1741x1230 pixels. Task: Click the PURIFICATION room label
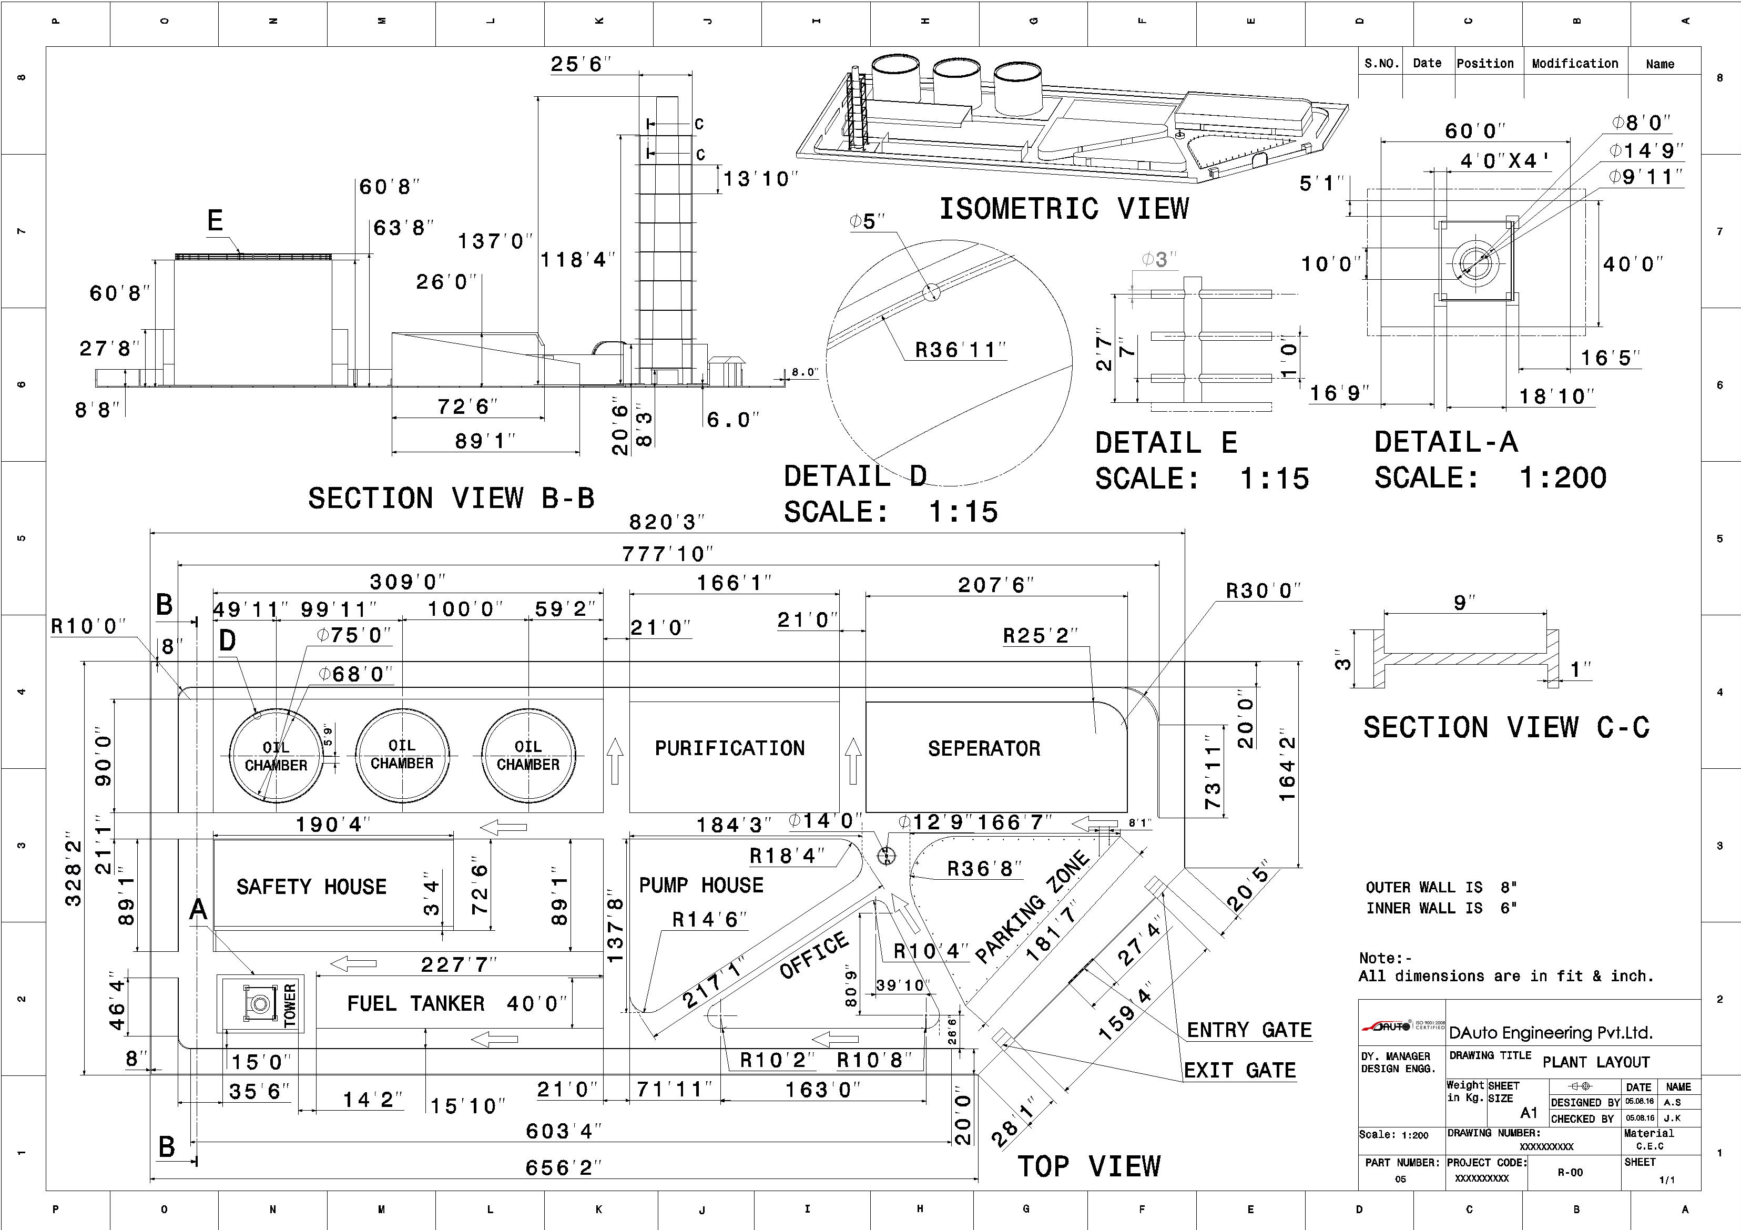pos(729,748)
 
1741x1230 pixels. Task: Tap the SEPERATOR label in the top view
pos(983,748)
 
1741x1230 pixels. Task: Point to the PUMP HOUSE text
pos(700,885)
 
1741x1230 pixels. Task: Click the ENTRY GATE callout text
pos(1249,1030)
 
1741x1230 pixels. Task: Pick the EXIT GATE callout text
pos(1240,1070)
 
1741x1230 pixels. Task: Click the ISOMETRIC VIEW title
pos(1064,209)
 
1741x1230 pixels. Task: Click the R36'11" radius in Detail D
pos(960,350)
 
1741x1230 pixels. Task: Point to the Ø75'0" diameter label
pos(354,635)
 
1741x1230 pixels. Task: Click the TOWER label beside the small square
pos(290,1005)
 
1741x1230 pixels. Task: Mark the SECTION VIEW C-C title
pos(1506,727)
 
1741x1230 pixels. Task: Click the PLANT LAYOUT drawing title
pos(1585,1062)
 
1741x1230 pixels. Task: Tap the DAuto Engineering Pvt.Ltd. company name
pos(1551,1033)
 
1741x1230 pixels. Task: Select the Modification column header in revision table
pos(1574,64)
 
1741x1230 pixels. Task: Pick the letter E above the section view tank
pos(216,221)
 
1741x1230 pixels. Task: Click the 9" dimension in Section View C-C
pos(1464,602)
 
